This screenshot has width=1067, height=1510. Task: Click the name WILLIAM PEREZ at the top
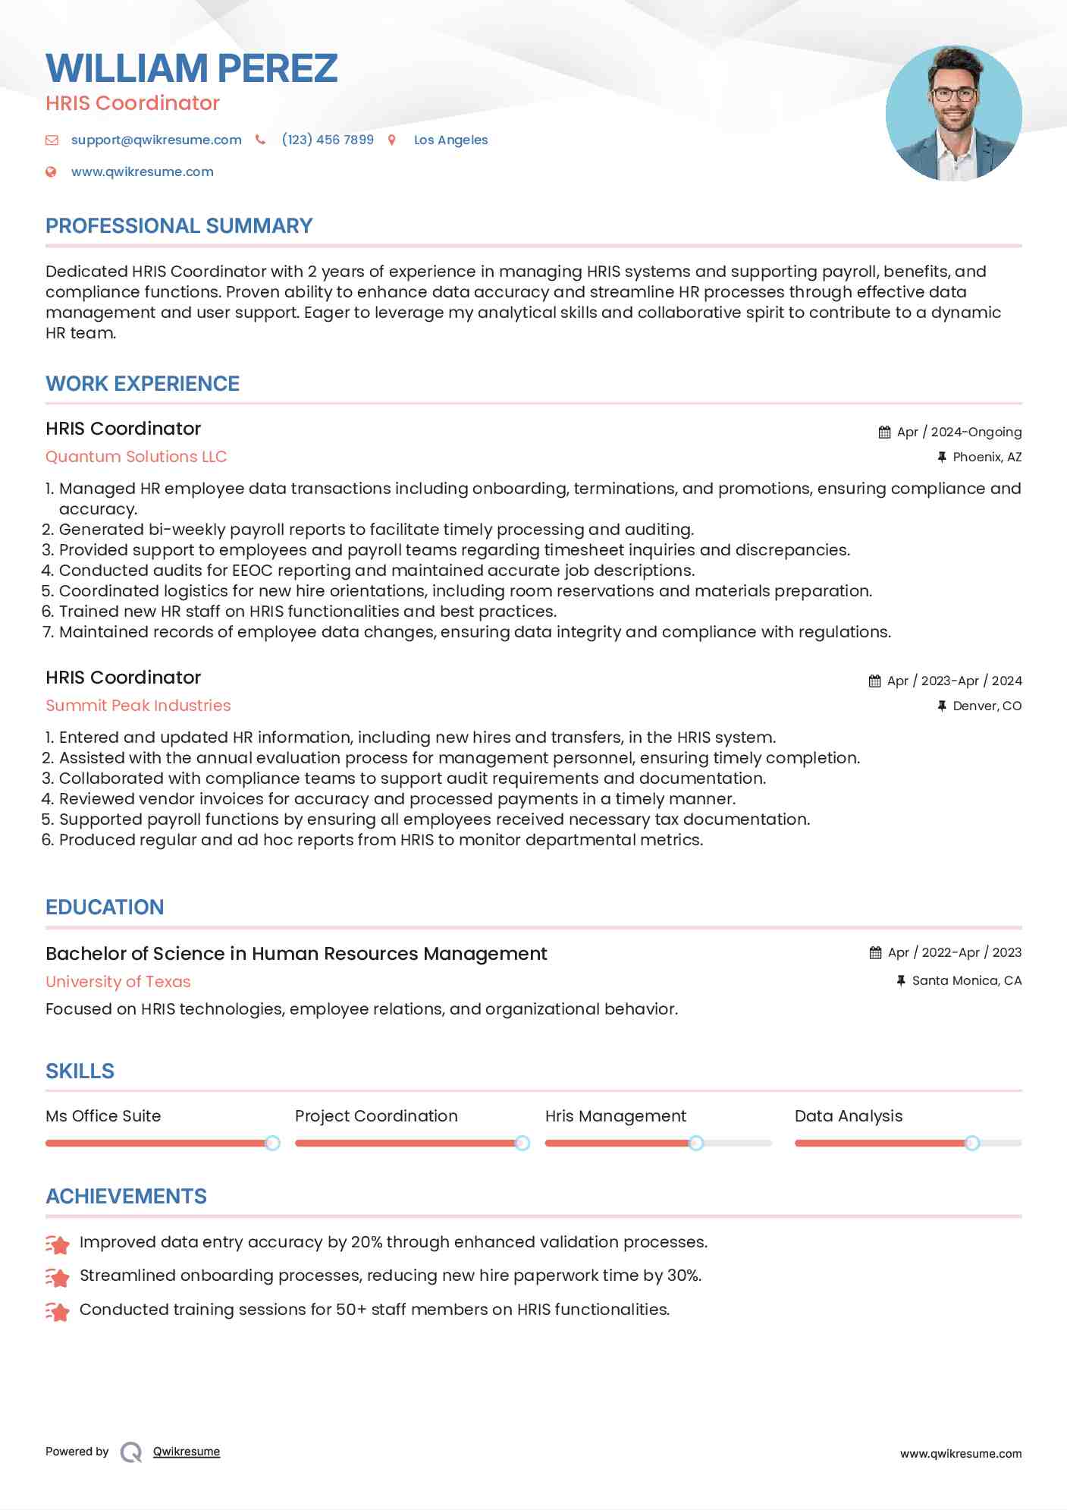click(x=191, y=68)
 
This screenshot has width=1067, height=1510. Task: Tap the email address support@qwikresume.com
click(x=156, y=140)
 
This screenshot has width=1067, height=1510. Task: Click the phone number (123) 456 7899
click(x=328, y=140)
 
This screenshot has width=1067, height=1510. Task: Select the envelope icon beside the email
click(x=52, y=140)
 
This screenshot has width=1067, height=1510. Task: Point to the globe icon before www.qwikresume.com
click(x=51, y=171)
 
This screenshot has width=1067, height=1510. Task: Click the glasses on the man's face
click(x=953, y=95)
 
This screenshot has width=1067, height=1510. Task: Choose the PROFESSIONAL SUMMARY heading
click(x=179, y=226)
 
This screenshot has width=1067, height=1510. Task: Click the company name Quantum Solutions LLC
click(x=136, y=457)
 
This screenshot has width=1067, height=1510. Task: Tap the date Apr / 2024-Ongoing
click(x=959, y=432)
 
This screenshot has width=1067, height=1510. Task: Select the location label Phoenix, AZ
click(x=987, y=457)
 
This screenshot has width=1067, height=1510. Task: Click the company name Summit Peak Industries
click(x=138, y=706)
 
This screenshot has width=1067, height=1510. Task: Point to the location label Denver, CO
click(x=987, y=706)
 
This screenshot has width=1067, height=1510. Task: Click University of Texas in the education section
click(x=118, y=982)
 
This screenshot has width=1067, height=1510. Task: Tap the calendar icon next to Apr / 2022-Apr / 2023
click(x=875, y=952)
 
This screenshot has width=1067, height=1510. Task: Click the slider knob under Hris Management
click(x=695, y=1143)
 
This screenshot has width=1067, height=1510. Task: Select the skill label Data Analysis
click(x=848, y=1116)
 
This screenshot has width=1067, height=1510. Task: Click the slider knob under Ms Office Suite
click(x=272, y=1143)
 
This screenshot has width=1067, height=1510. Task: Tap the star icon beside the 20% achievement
click(x=58, y=1244)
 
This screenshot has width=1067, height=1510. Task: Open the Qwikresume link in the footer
click(x=186, y=1452)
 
